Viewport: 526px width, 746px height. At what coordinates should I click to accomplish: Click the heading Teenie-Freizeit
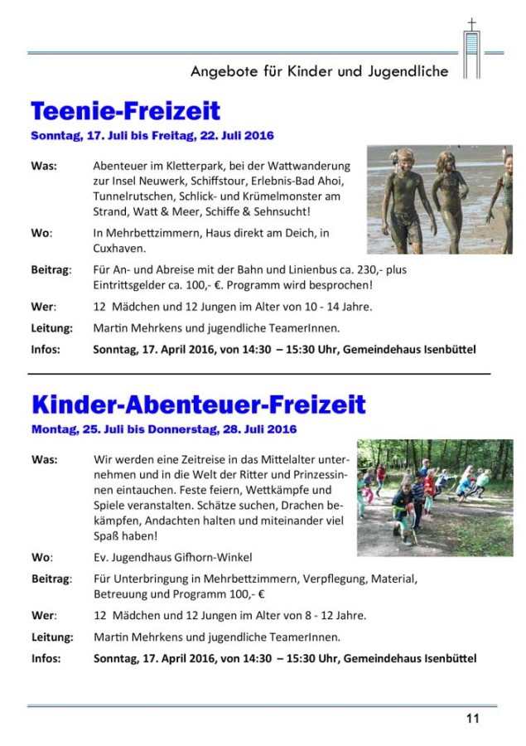pyautogui.click(x=125, y=110)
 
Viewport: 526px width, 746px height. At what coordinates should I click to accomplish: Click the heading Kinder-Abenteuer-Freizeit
pyautogui.click(x=198, y=404)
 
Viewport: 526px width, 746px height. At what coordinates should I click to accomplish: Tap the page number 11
pyautogui.click(x=472, y=719)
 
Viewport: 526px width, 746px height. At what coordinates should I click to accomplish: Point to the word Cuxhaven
pyautogui.click(x=121, y=247)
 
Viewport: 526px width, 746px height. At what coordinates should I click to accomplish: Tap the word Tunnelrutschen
pyautogui.click(x=133, y=196)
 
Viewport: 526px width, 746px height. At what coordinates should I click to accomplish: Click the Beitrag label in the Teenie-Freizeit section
pyautogui.click(x=51, y=269)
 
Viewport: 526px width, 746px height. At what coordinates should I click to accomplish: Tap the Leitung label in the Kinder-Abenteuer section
pyautogui.click(x=52, y=637)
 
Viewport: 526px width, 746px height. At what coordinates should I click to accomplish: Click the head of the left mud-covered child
pyautogui.click(x=403, y=159)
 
